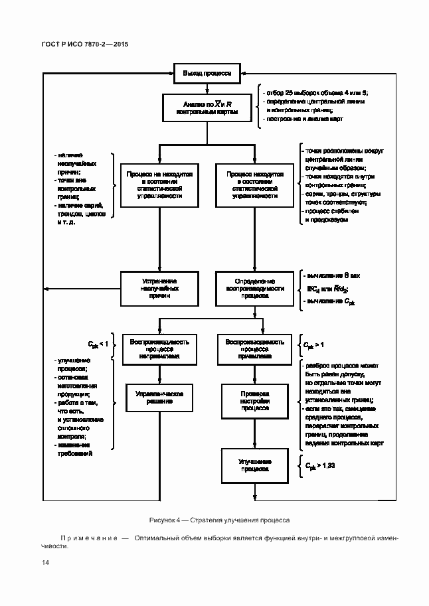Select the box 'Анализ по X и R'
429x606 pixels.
tap(208, 109)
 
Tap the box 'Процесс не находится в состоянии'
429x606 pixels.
tap(160, 185)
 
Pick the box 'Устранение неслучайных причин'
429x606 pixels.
tap(160, 289)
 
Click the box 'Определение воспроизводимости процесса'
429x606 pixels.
tap(255, 289)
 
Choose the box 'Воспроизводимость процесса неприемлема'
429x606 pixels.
tap(160, 348)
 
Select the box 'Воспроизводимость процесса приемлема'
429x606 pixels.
tap(255, 348)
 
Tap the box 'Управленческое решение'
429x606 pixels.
tap(160, 398)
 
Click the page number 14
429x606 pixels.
tap(45, 563)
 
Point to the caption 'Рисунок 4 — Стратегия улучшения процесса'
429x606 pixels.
tap(214, 520)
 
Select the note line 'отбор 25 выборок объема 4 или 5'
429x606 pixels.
tap(315, 91)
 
